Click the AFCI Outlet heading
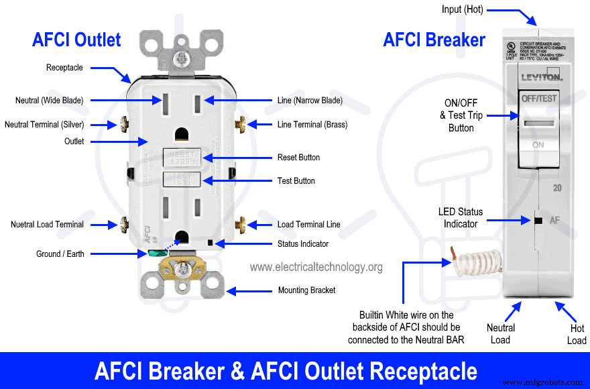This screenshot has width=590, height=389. (76, 40)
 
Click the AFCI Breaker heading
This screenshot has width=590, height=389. (434, 40)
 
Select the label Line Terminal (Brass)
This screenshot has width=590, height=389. (312, 124)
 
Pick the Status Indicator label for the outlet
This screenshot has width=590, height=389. (303, 244)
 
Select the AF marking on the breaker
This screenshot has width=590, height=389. (555, 220)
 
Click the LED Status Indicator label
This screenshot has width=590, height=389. (461, 217)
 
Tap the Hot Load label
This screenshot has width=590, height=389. (577, 334)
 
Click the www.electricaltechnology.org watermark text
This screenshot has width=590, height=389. (316, 267)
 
